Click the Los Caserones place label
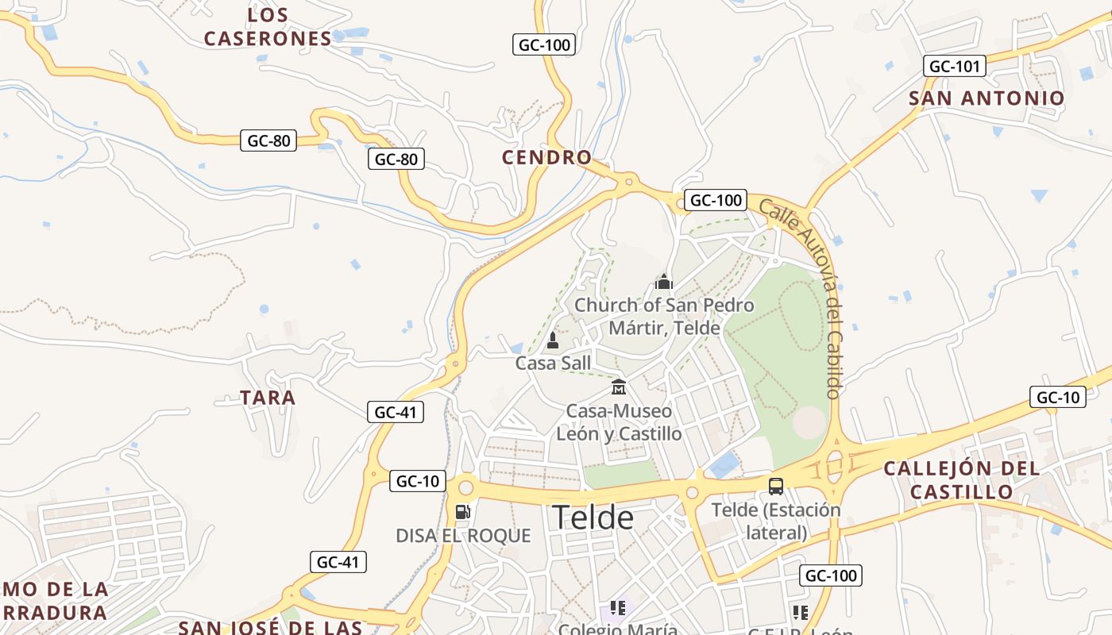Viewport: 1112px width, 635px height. (x=268, y=27)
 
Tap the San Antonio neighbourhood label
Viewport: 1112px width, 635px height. (x=986, y=98)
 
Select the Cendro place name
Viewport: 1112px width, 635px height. (x=546, y=157)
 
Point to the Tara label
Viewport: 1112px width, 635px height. (x=268, y=398)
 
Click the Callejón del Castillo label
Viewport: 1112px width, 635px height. (x=961, y=479)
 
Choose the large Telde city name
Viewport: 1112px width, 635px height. (x=593, y=518)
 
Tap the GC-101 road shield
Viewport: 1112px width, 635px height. (x=954, y=66)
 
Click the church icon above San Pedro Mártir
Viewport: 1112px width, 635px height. (x=663, y=282)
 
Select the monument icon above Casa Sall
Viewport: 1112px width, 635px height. (x=553, y=341)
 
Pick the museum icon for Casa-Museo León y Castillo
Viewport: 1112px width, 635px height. (x=619, y=387)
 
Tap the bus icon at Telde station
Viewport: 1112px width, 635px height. (x=775, y=486)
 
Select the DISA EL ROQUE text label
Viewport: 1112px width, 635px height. (x=463, y=536)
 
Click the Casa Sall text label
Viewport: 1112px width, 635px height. (x=553, y=364)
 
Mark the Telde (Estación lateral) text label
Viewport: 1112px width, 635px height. (x=775, y=521)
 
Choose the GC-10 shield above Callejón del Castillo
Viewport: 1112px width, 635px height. (x=1057, y=397)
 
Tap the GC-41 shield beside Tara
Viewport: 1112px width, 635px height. (x=395, y=412)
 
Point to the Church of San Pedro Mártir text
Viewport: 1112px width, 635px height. (x=664, y=316)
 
